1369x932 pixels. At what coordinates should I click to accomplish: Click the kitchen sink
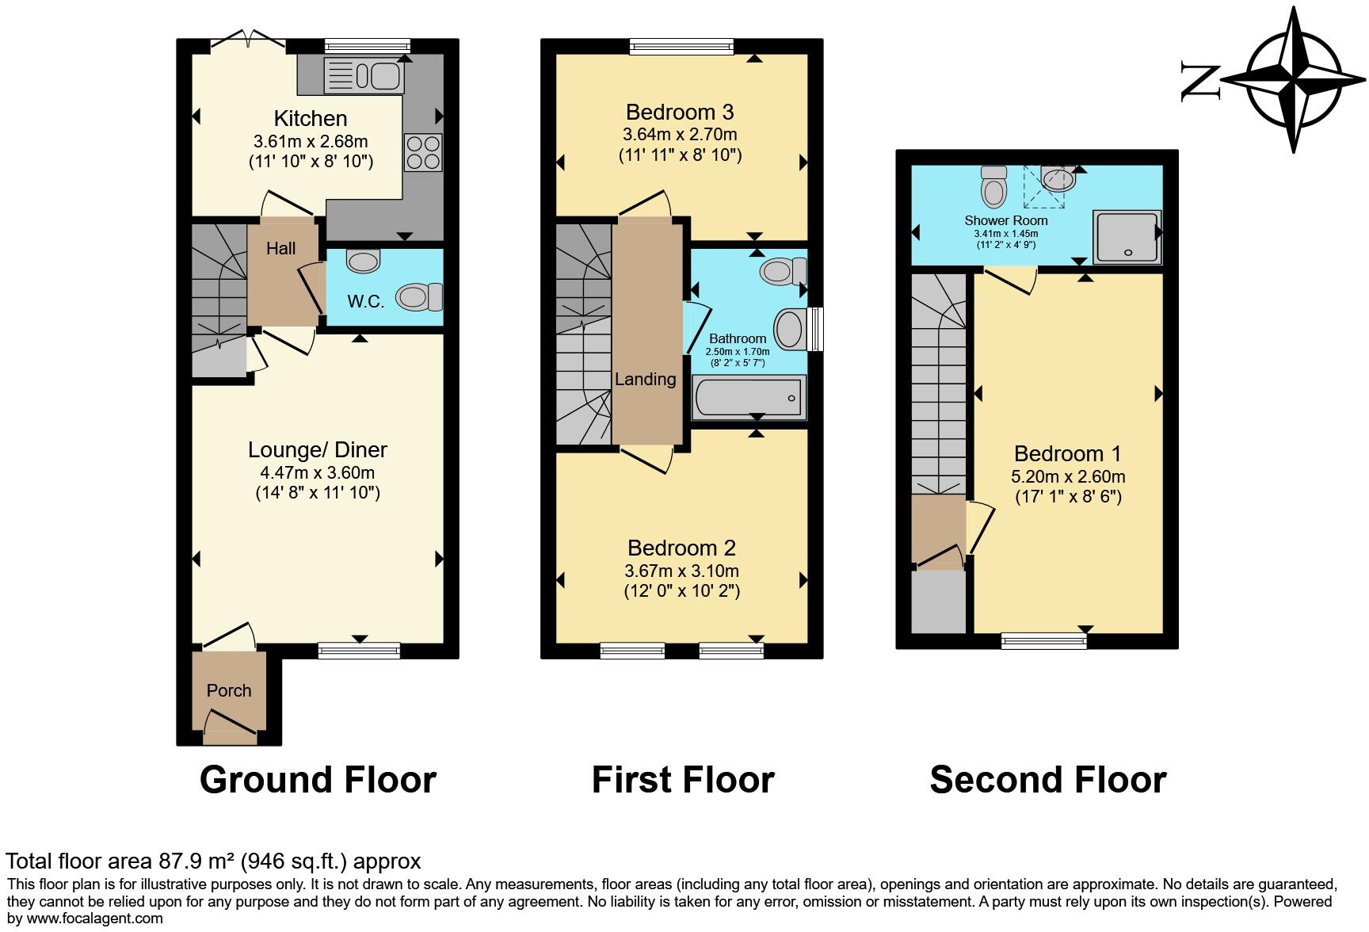pyautogui.click(x=365, y=76)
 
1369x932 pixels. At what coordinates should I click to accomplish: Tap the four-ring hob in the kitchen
pyautogui.click(x=423, y=152)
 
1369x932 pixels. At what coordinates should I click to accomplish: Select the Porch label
pyautogui.click(x=229, y=690)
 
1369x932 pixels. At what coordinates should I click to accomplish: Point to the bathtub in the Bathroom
pyautogui.click(x=748, y=397)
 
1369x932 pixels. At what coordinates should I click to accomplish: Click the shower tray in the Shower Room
pyautogui.click(x=1127, y=236)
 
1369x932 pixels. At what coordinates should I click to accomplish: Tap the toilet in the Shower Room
pyautogui.click(x=993, y=186)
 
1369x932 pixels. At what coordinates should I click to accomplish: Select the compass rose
pyautogui.click(x=1294, y=79)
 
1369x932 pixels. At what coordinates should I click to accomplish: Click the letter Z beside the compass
pyautogui.click(x=1199, y=81)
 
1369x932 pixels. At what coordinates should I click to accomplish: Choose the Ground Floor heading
pyautogui.click(x=318, y=780)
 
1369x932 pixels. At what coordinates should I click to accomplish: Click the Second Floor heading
pyautogui.click(x=1047, y=780)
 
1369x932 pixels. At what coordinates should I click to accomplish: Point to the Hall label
pyautogui.click(x=280, y=249)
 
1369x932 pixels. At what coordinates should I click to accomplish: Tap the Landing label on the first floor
pyautogui.click(x=646, y=380)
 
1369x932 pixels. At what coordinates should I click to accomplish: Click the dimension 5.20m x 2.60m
pyautogui.click(x=1068, y=477)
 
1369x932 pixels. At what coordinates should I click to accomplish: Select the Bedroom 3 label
pyautogui.click(x=680, y=112)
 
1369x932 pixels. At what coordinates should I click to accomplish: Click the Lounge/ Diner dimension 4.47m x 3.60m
pyautogui.click(x=318, y=473)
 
